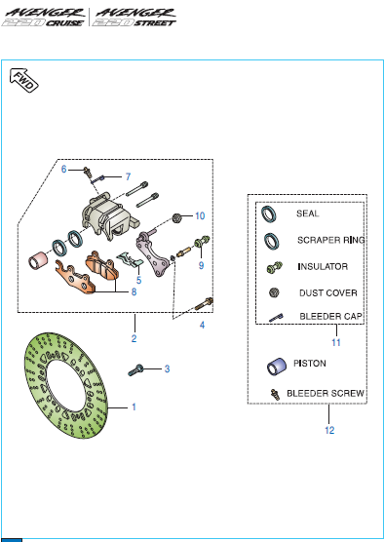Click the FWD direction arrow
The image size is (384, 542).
tap(23, 80)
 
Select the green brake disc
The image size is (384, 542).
tap(66, 385)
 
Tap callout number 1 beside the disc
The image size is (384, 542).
tap(134, 406)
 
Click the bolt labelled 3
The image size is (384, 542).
tap(135, 370)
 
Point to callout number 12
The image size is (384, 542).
tap(329, 430)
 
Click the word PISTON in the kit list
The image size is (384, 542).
tap(309, 364)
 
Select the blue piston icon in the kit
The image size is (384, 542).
tap(277, 367)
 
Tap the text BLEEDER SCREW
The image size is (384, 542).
tap(326, 394)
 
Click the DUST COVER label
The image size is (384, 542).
tap(328, 293)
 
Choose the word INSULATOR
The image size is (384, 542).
tap(323, 266)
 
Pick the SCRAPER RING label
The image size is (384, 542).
tap(330, 240)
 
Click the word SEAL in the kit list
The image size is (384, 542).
tap(307, 213)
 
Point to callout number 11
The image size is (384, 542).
tap(336, 342)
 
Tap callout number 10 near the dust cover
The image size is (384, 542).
tap(200, 216)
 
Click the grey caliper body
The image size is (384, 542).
tap(109, 217)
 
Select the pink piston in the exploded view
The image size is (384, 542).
tap(37, 260)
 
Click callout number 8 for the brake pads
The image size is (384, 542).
tap(134, 292)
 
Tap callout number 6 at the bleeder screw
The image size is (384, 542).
tap(63, 170)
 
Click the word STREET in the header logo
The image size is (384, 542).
tap(155, 23)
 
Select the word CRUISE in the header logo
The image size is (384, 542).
tap(64, 23)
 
